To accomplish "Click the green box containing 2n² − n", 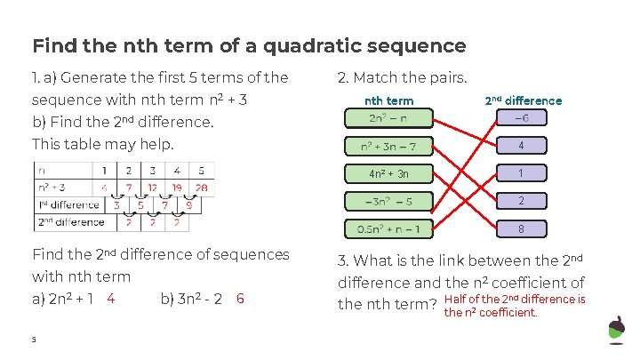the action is (x=388, y=118).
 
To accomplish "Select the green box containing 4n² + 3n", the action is (x=388, y=173).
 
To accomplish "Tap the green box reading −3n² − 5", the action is (x=388, y=201).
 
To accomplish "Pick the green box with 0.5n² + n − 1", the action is (x=388, y=228).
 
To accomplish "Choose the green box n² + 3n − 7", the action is (x=388, y=146).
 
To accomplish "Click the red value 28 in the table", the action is (x=201, y=188).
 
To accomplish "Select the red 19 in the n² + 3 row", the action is (x=177, y=188).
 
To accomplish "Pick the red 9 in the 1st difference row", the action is (x=188, y=204).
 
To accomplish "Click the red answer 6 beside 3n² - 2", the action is (x=241, y=299).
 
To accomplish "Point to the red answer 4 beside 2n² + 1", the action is (x=110, y=299).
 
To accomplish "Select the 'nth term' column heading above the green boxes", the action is (x=389, y=100).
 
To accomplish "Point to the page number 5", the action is (x=35, y=340).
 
